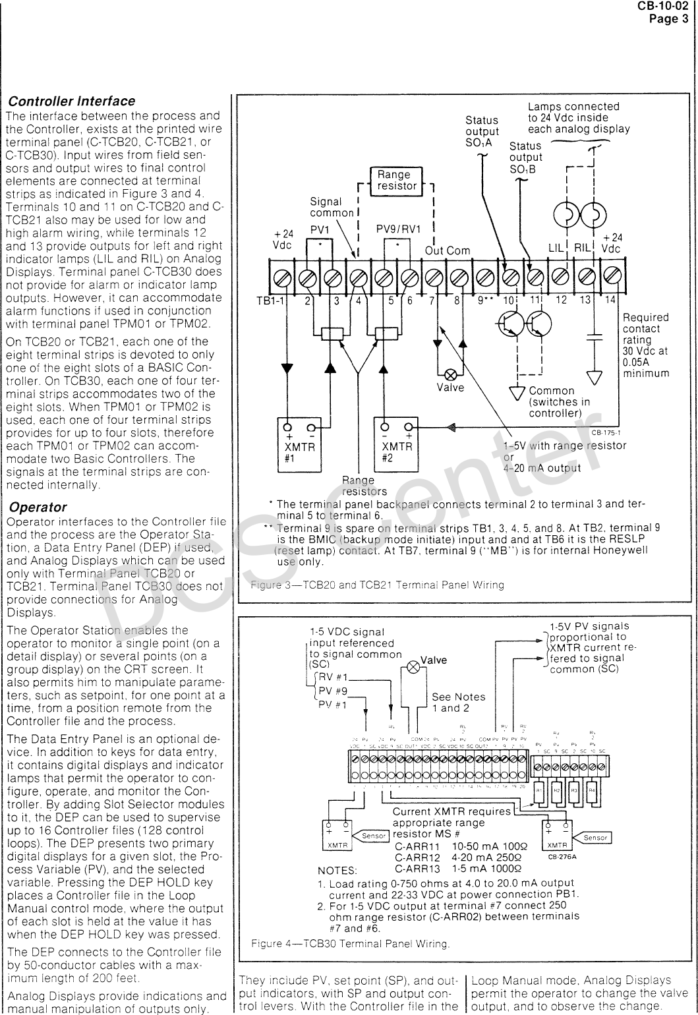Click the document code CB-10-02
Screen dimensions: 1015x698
tap(662, 6)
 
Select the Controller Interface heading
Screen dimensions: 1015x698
tap(71, 101)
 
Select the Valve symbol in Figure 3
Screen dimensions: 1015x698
tap(451, 374)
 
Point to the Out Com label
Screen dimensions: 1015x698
tap(448, 250)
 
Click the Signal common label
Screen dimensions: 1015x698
tap(332, 207)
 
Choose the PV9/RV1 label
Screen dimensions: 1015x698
tap(398, 229)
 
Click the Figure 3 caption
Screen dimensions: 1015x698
tap(377, 585)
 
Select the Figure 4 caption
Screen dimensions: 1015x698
tap(351, 944)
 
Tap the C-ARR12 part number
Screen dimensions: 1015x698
tap(417, 858)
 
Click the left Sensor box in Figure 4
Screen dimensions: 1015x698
tap(373, 836)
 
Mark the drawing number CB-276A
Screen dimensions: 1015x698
tap(562, 857)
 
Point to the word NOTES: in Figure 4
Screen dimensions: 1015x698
tap(337, 870)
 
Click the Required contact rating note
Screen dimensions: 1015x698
tap(645, 345)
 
